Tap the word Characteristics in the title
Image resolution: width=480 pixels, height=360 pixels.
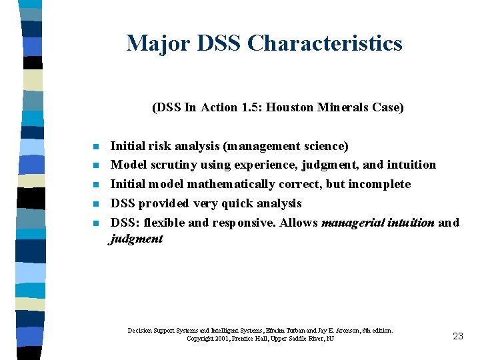[x=325, y=43]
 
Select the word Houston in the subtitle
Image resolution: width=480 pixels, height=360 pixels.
[x=290, y=107]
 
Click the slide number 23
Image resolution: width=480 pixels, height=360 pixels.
[x=457, y=336]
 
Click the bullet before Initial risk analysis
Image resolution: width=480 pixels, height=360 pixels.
[x=96, y=147]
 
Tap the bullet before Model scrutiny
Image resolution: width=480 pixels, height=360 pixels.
[x=96, y=165]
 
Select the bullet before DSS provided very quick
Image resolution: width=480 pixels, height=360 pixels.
[x=96, y=204]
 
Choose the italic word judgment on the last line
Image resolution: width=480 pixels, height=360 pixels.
[x=136, y=239]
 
